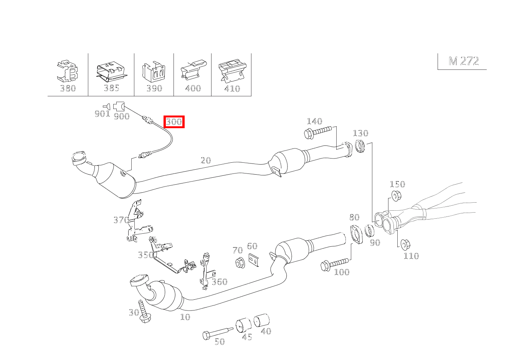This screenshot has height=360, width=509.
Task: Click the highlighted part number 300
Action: pyautogui.click(x=174, y=122)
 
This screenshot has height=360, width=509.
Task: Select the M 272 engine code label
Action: pyautogui.click(x=464, y=61)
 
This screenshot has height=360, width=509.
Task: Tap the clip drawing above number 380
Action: pyautogui.click(x=68, y=71)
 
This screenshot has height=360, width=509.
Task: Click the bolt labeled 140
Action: pyautogui.click(x=317, y=132)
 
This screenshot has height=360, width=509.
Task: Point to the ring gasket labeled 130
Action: pyautogui.click(x=360, y=146)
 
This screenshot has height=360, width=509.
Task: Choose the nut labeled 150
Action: pyautogui.click(x=396, y=196)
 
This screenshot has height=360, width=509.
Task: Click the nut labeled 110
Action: pyautogui.click(x=404, y=244)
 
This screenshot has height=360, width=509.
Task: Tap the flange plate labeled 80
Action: pyautogui.click(x=357, y=234)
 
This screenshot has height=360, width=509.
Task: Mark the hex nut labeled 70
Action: pyautogui.click(x=239, y=264)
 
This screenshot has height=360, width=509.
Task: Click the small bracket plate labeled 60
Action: pyautogui.click(x=253, y=260)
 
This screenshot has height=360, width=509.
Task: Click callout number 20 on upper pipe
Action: pyautogui.click(x=206, y=160)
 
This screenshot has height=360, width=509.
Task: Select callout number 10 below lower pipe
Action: pyautogui.click(x=185, y=317)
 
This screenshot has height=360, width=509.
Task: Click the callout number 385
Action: pyautogui.click(x=111, y=88)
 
